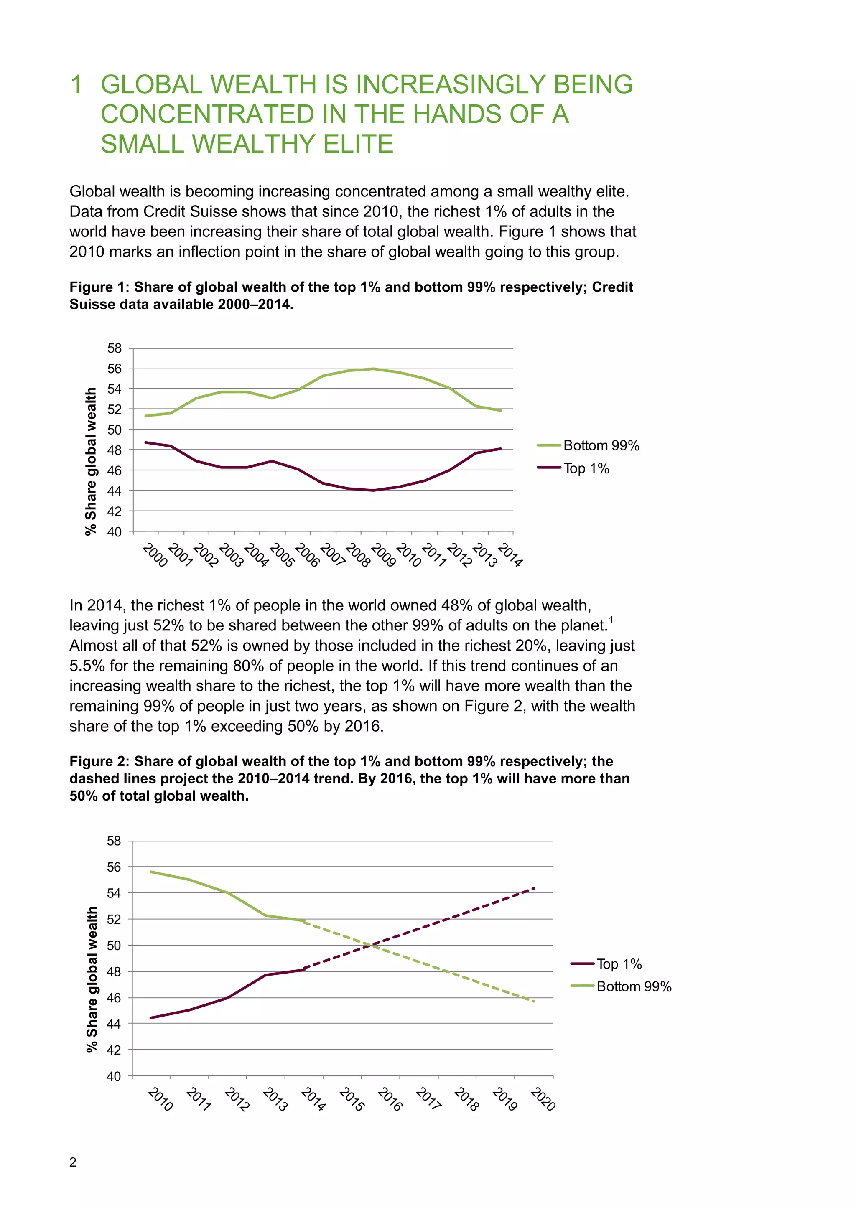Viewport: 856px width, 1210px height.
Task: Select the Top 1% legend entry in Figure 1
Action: click(586, 468)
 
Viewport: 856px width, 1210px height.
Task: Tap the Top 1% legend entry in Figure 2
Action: click(619, 964)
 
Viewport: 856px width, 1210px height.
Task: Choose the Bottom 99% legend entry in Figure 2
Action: click(634, 986)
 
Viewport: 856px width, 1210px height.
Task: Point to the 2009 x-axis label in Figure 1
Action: click(383, 555)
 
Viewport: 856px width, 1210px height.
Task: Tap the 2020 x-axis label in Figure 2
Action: click(543, 1099)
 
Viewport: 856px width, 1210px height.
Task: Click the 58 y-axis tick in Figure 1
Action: click(115, 348)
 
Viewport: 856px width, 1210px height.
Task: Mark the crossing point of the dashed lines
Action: click(373, 946)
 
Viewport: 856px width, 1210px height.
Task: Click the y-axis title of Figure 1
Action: click(91, 461)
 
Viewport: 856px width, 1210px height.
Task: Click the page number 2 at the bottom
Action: click(73, 1162)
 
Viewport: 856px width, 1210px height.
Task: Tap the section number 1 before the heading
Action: click(76, 85)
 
